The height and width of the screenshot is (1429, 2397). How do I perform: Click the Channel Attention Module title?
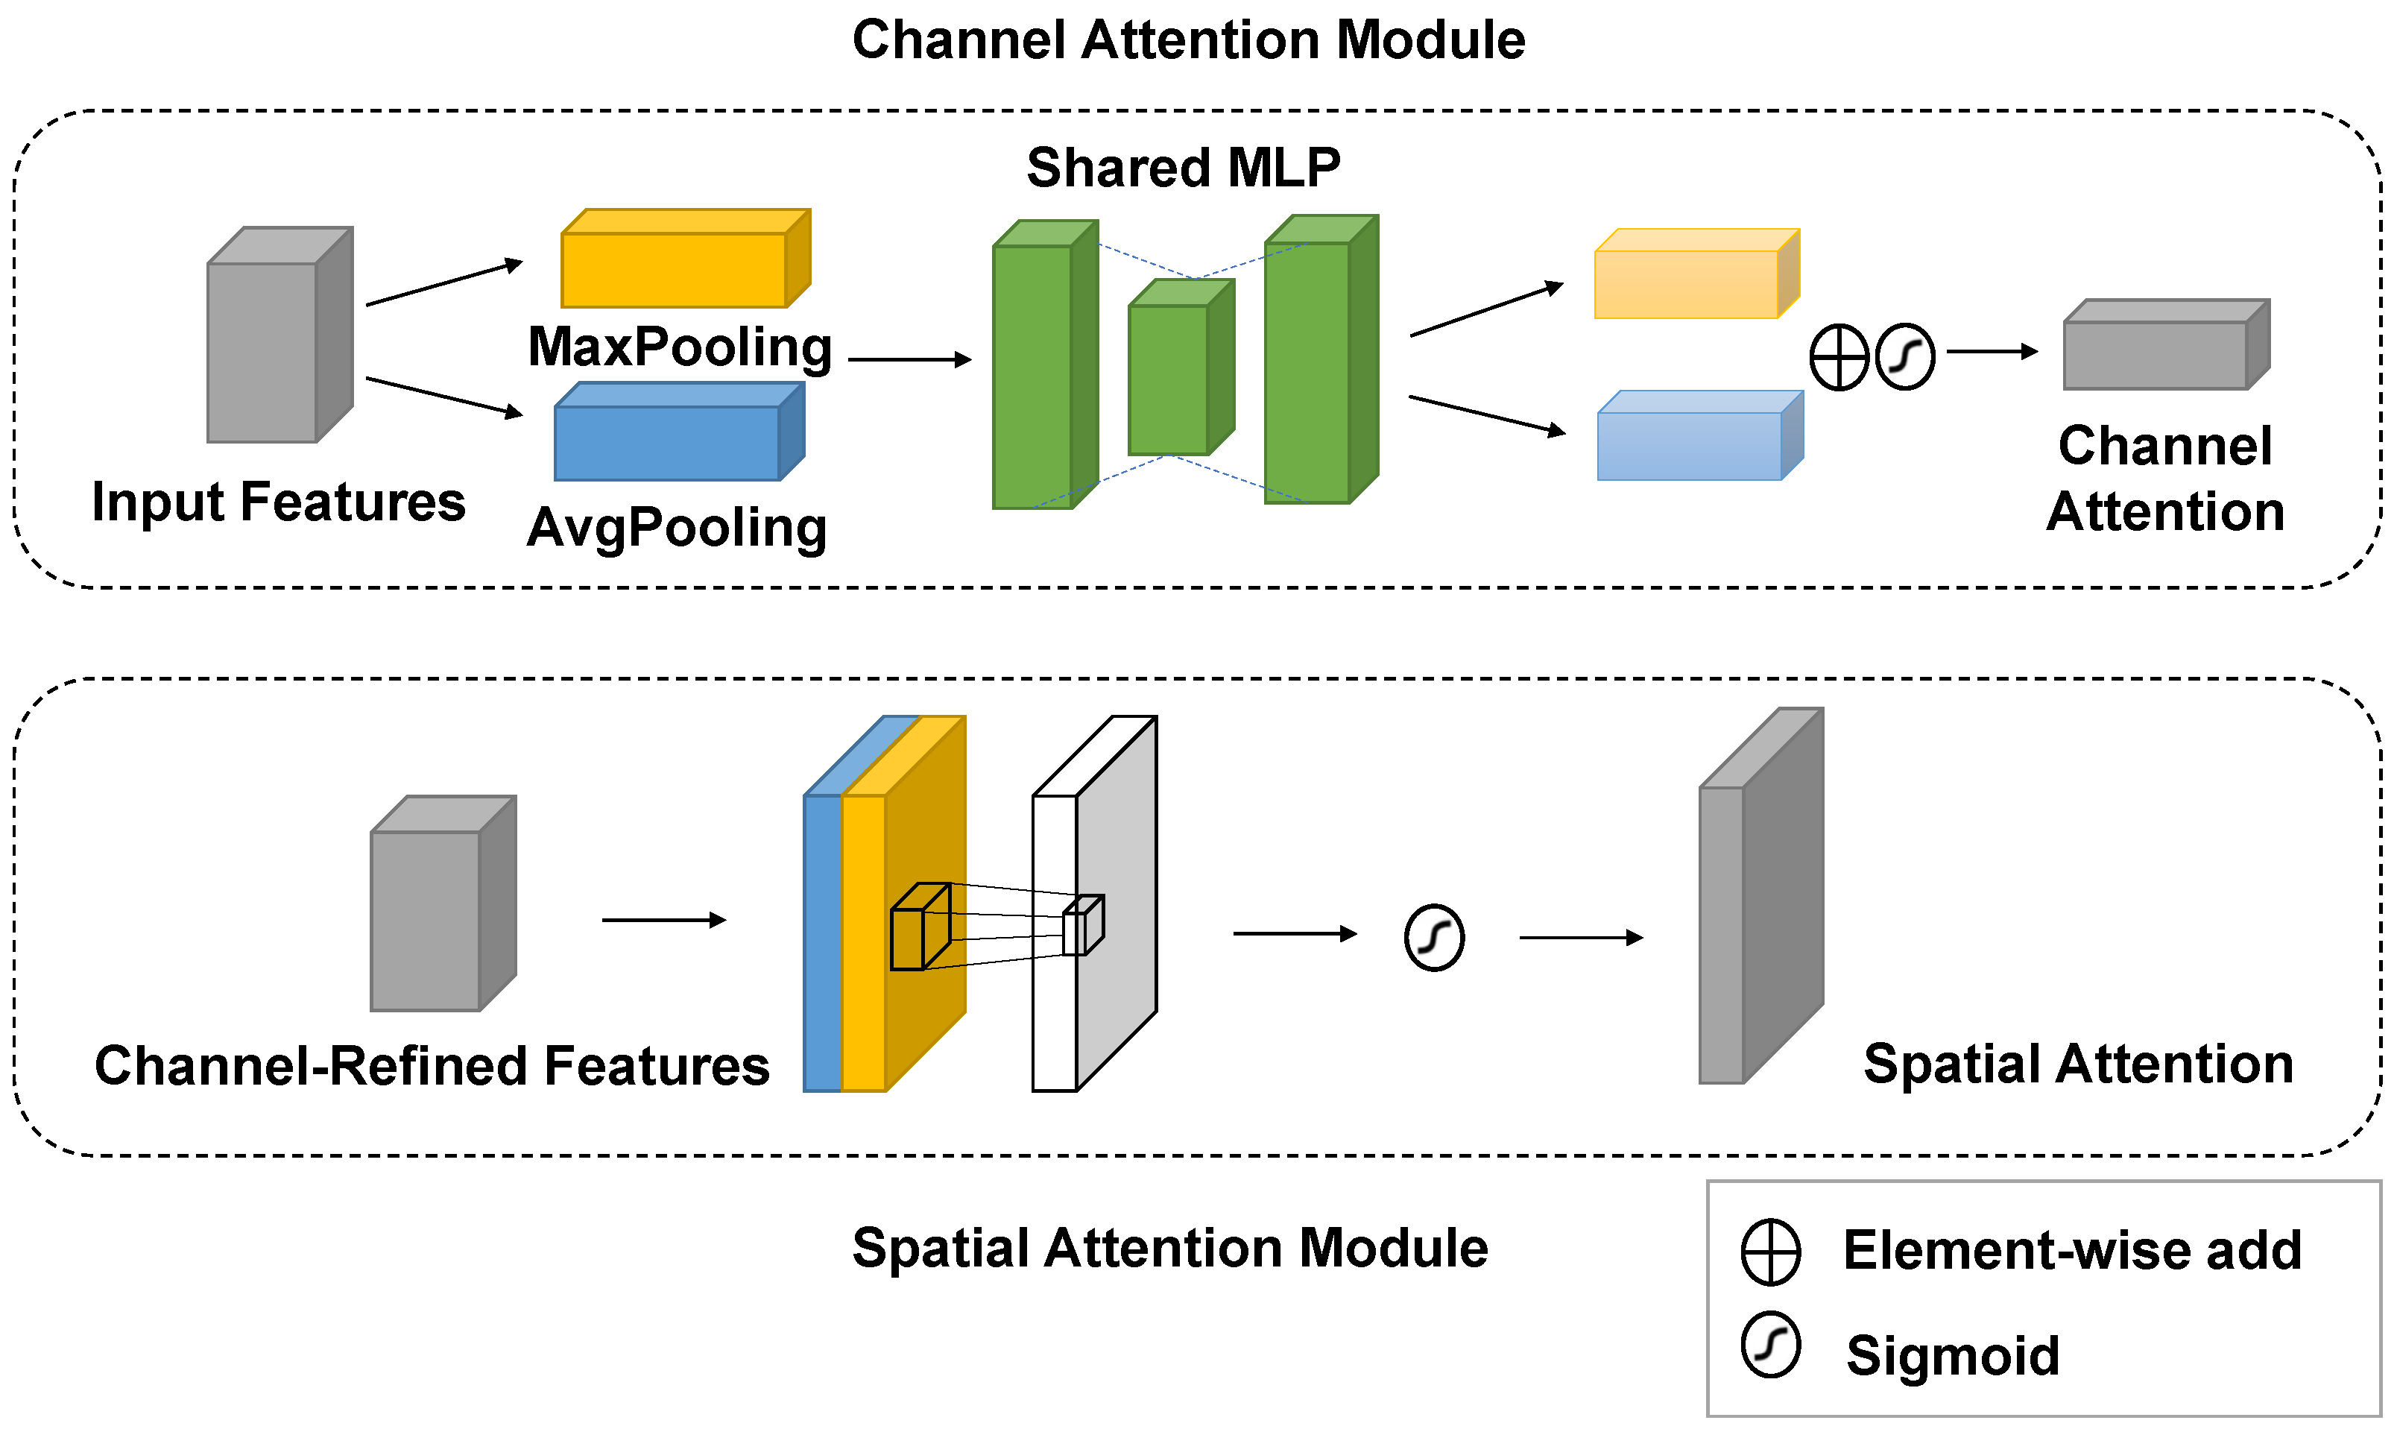1188,40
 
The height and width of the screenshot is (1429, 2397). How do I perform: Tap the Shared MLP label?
1183,168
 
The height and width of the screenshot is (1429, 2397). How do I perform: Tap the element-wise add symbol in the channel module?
1839,357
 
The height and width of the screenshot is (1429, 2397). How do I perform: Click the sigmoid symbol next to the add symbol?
1905,357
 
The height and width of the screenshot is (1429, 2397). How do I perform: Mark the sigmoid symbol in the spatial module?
1434,938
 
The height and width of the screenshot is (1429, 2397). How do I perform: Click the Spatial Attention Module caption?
1169,1249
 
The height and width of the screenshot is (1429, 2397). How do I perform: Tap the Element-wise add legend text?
2071,1251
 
